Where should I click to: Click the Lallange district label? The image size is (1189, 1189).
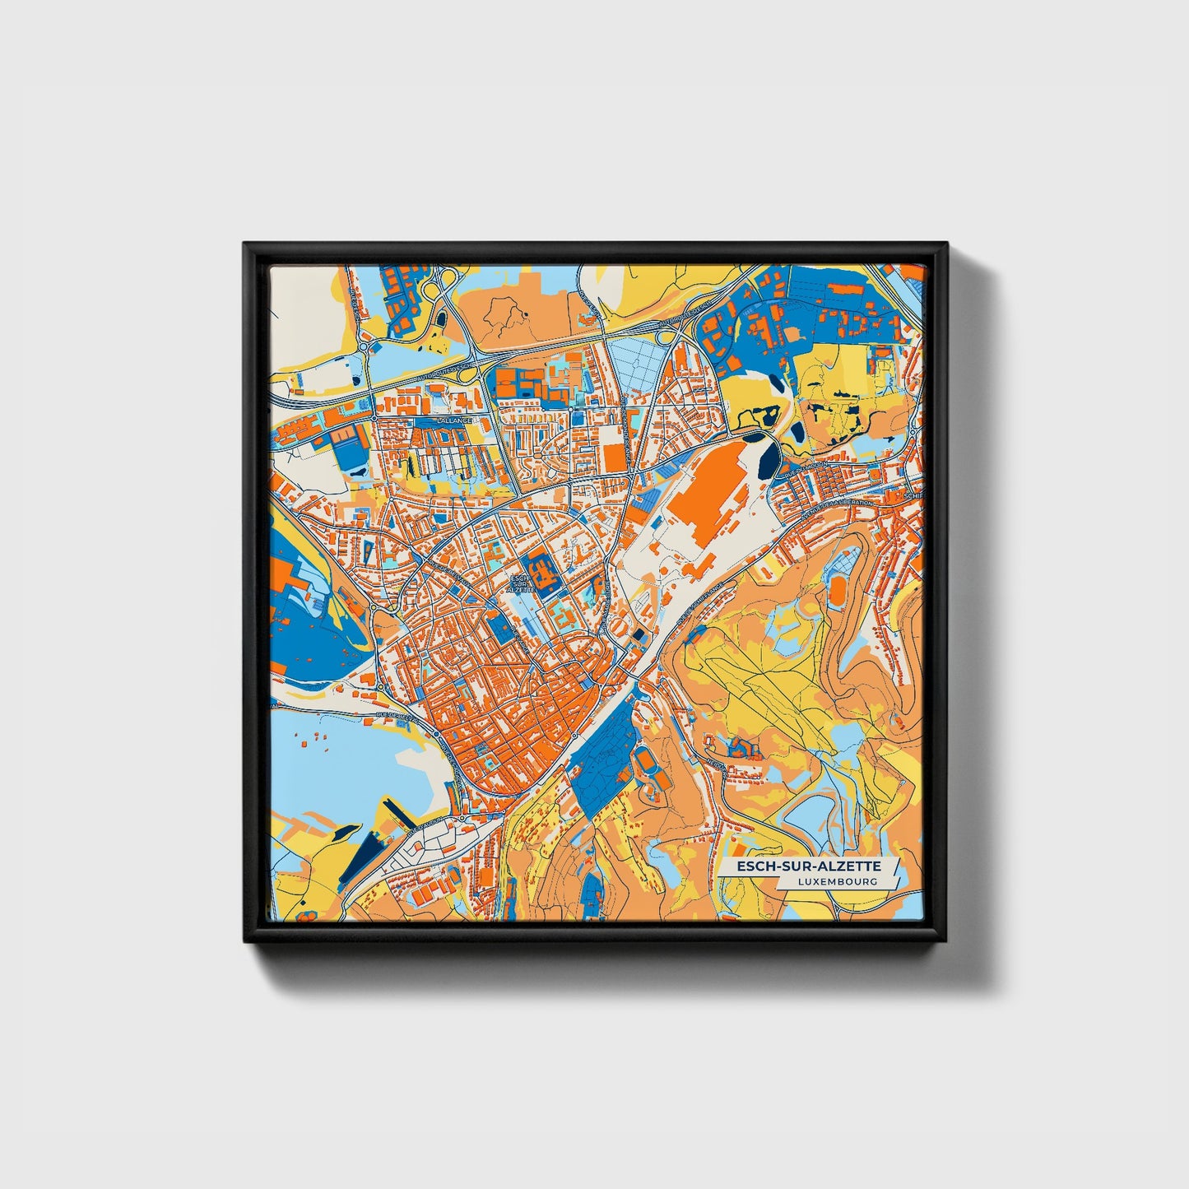(455, 420)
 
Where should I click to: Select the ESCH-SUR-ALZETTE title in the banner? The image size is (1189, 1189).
(808, 866)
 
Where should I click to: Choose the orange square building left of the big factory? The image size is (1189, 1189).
(615, 457)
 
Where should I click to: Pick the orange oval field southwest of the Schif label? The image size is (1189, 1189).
(837, 590)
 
